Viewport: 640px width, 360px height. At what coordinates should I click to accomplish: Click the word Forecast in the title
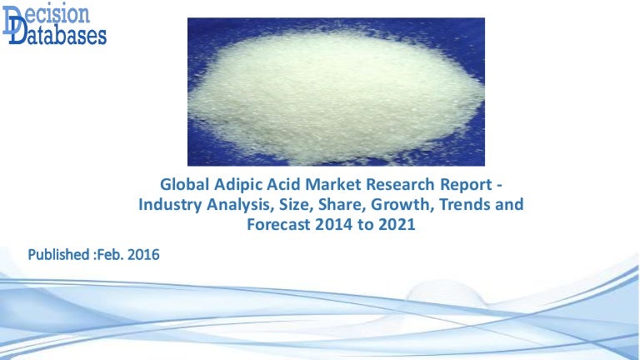[280, 223]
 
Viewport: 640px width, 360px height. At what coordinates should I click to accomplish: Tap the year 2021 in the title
[397, 223]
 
